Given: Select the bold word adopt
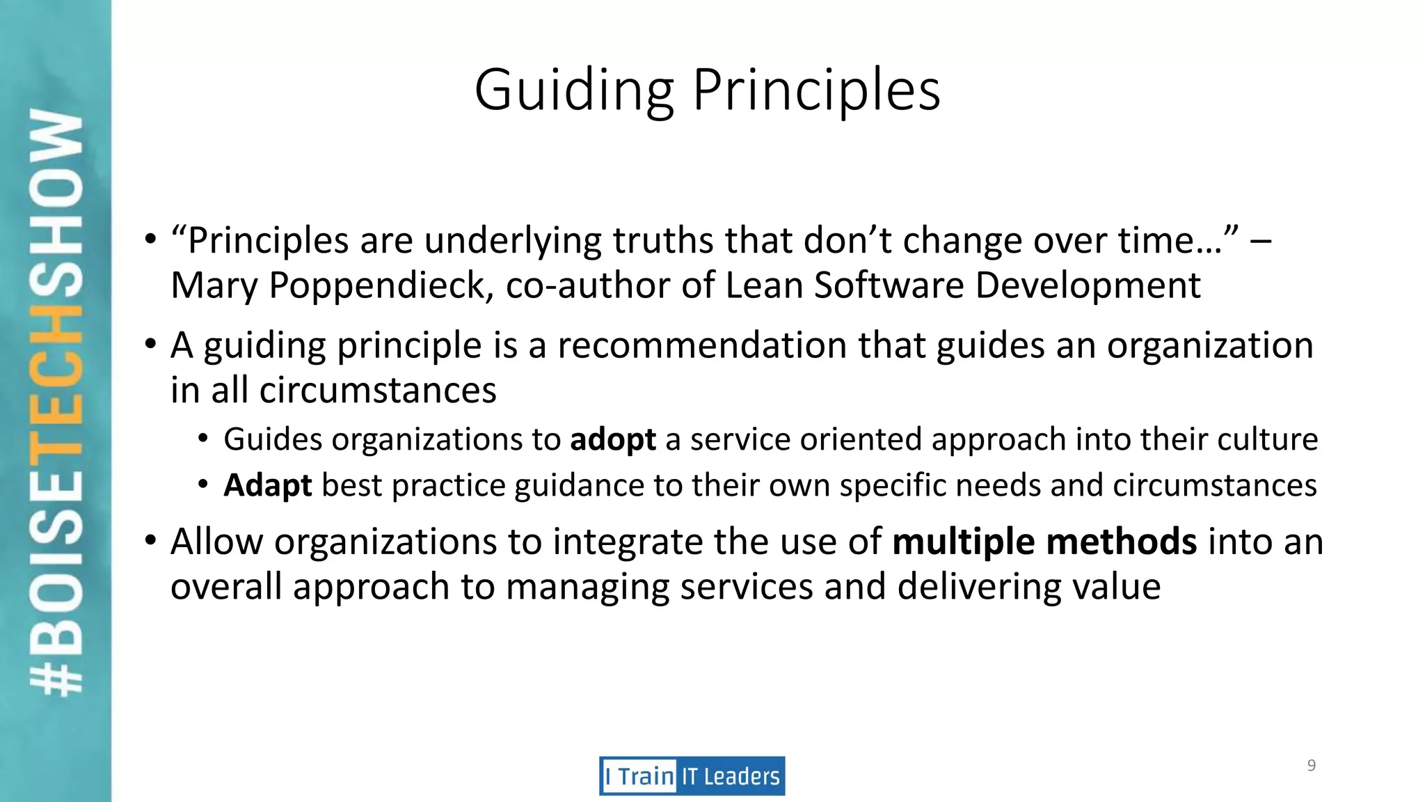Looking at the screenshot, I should (x=612, y=440).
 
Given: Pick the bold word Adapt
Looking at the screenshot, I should (x=267, y=485).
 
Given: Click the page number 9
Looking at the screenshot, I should (x=1311, y=766).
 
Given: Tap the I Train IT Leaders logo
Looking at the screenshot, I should (x=692, y=776).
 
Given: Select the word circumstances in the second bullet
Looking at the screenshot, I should (x=378, y=391).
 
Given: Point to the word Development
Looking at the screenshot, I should (x=1088, y=285).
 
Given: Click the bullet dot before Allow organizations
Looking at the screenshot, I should (x=150, y=540).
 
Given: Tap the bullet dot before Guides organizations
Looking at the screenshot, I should (x=202, y=439).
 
